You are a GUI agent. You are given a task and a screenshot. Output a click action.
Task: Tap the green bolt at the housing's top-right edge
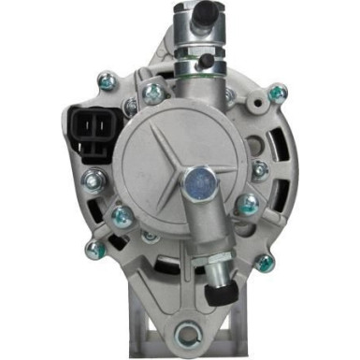(278, 93)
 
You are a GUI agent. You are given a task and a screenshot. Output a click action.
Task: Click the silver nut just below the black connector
(90, 178)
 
